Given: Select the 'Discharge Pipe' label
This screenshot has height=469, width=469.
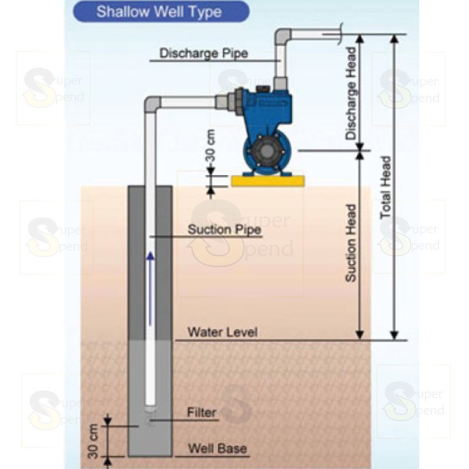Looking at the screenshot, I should pyautogui.click(x=204, y=53).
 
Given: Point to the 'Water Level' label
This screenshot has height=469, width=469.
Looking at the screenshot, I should pyautogui.click(x=222, y=332).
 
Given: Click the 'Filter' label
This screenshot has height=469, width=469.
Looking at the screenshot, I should pyautogui.click(x=202, y=412).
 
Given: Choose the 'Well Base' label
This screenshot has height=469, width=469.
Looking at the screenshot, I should pyautogui.click(x=217, y=450).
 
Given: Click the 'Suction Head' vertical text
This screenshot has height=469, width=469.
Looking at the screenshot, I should pyautogui.click(x=351, y=243).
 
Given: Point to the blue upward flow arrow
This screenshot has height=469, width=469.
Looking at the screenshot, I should pyautogui.click(x=151, y=287).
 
